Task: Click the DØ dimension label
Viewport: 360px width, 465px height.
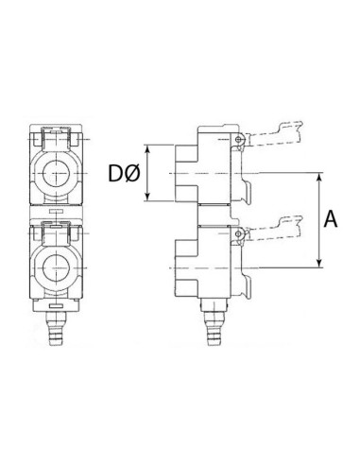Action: click(x=124, y=174)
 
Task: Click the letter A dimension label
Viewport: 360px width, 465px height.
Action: click(x=331, y=219)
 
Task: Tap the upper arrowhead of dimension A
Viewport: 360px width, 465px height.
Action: click(x=319, y=179)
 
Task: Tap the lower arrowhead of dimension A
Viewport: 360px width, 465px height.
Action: click(x=319, y=262)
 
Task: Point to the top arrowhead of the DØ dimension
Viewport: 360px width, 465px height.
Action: click(x=147, y=150)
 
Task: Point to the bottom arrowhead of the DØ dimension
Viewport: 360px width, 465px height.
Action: click(x=147, y=196)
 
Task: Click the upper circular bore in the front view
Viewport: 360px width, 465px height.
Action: click(x=56, y=173)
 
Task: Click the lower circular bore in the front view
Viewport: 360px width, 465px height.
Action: click(x=56, y=268)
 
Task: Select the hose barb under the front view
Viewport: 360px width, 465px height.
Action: click(x=56, y=328)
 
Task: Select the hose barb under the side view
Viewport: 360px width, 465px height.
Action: click(x=214, y=328)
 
